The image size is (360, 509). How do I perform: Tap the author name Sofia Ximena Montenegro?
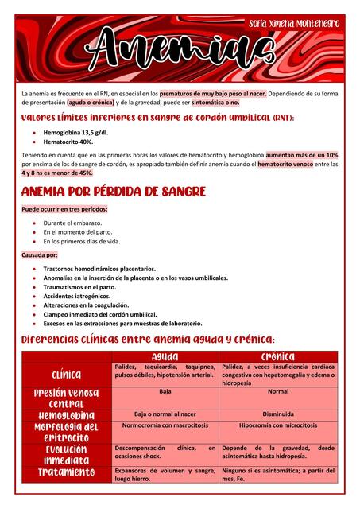tap(294, 24)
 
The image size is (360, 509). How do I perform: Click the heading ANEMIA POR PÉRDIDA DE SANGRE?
tap(114, 192)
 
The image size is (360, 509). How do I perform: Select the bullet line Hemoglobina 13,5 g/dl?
tap(75, 132)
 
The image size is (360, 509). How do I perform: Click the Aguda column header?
tap(165, 356)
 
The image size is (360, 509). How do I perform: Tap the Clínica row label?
tap(67, 374)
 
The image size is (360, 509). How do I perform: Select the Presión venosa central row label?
tap(67, 398)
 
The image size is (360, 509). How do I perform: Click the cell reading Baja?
tap(165, 392)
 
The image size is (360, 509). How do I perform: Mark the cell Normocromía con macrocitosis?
tap(165, 425)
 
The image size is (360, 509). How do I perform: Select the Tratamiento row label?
tap(67, 472)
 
